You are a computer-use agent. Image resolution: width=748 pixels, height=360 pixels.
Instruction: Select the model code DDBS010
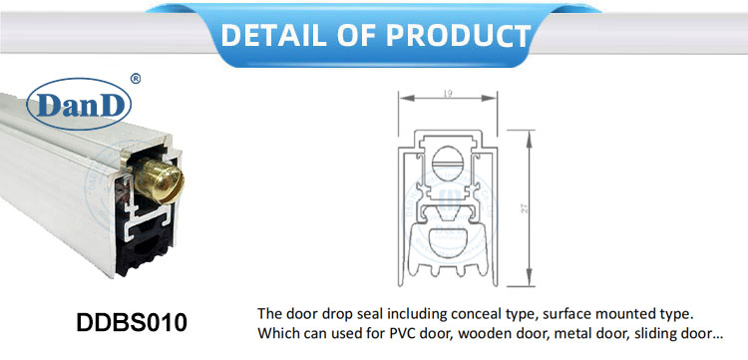click(131, 323)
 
